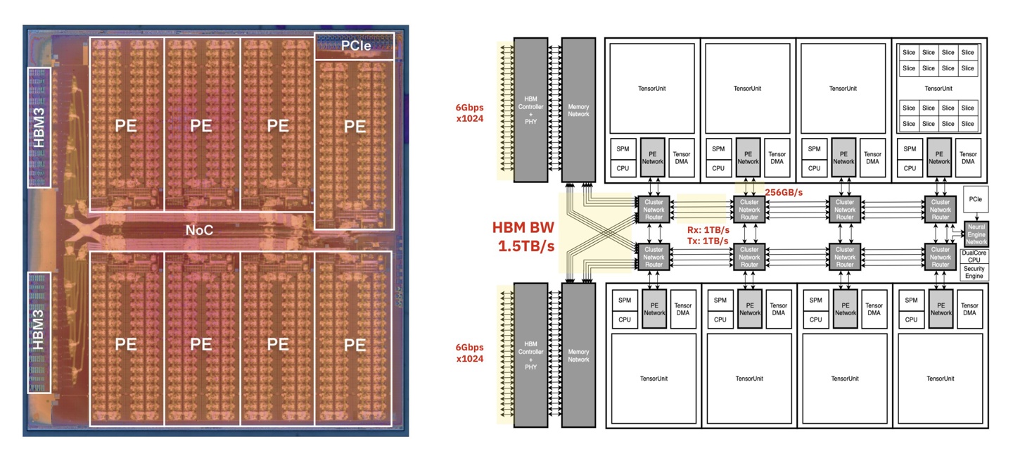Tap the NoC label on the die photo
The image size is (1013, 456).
(x=200, y=229)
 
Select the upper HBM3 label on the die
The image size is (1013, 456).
(x=38, y=127)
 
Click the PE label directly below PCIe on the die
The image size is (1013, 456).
(x=355, y=127)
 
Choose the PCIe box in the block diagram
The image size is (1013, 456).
(x=975, y=201)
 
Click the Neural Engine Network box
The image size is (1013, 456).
(x=976, y=234)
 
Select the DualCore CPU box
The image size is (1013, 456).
(x=975, y=255)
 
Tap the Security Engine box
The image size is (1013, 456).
(x=975, y=272)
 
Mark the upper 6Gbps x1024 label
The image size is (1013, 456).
(x=469, y=114)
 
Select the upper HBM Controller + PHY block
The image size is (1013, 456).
(x=531, y=110)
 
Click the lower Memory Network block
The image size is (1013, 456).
(x=579, y=355)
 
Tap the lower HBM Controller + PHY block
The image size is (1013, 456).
(x=531, y=355)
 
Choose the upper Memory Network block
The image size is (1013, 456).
(x=579, y=110)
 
